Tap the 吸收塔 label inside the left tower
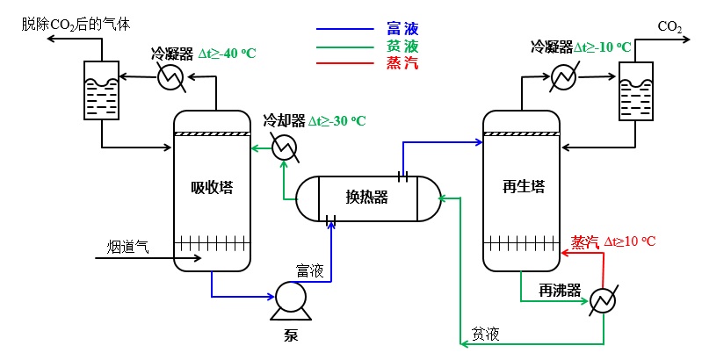pyautogui.click(x=213, y=187)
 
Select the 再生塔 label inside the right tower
pyautogui.click(x=524, y=187)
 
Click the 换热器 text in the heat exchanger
pyautogui.click(x=366, y=197)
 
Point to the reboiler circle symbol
pyautogui.click(x=604, y=301)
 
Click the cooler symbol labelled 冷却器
pyautogui.click(x=283, y=149)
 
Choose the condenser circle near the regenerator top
pyautogui.click(x=563, y=78)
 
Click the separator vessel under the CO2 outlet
pyautogui.click(x=635, y=91)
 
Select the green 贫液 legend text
pyautogui.click(x=402, y=47)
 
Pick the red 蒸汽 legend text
pyautogui.click(x=402, y=62)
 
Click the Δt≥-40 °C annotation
pyautogui.click(x=227, y=54)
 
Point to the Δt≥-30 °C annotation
pyautogui.click(x=337, y=120)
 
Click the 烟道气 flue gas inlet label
pyautogui.click(x=128, y=247)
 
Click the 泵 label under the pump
pyautogui.click(x=291, y=334)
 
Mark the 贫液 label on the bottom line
pyautogui.click(x=486, y=334)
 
